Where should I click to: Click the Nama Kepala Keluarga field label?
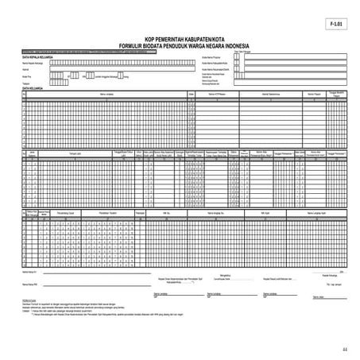pos(36,63)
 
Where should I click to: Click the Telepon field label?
pos(27,83)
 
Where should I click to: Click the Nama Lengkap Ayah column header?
pos(318,214)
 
